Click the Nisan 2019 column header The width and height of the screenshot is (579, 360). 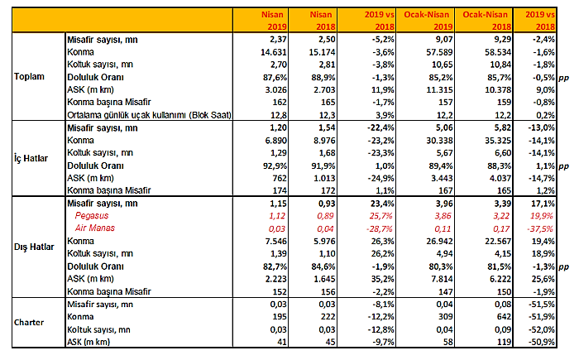(274, 21)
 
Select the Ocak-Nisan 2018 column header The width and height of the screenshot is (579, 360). (486, 21)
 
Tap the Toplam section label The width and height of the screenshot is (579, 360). (29, 76)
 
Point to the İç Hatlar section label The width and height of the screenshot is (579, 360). (31, 159)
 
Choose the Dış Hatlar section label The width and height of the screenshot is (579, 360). (34, 247)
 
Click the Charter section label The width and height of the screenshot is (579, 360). (29, 322)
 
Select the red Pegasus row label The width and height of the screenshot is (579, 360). (92, 216)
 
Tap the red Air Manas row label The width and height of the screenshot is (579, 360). (95, 228)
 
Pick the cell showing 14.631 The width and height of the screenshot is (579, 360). (274, 52)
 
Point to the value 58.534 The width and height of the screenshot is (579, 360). (498, 52)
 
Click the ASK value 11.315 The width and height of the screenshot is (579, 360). (439, 90)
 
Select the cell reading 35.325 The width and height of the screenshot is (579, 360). (498, 141)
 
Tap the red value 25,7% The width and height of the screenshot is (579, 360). (381, 216)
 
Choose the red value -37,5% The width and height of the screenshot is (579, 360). (541, 228)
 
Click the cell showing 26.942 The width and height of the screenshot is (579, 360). (439, 242)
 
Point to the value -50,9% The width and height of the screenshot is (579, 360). (541, 342)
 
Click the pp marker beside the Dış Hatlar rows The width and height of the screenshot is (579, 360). (563, 267)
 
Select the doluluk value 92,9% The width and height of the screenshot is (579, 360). (275, 166)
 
